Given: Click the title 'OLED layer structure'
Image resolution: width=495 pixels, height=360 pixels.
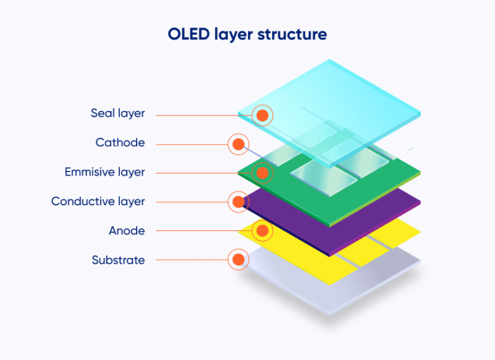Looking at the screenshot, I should pyautogui.click(x=247, y=34).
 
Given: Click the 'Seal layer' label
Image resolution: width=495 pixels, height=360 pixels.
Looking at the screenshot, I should pyautogui.click(x=118, y=114).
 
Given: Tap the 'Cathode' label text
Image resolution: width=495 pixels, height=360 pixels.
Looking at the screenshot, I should pyautogui.click(x=121, y=143).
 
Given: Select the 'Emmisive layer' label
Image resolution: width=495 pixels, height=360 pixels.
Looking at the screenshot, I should pyautogui.click(x=105, y=172).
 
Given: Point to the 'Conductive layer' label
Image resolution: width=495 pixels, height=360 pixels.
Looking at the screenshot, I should pyautogui.click(x=98, y=201).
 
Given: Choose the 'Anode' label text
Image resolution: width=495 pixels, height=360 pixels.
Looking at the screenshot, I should pyautogui.click(x=127, y=230).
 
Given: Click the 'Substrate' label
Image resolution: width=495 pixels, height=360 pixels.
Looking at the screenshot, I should pyautogui.click(x=119, y=260).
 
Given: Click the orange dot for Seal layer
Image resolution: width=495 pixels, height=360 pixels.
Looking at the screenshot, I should pyautogui.click(x=262, y=115).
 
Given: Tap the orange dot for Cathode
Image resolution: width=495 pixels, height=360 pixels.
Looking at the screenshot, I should pyautogui.click(x=238, y=144).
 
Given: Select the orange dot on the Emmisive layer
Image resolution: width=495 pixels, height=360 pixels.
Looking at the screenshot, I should pyautogui.click(x=262, y=173).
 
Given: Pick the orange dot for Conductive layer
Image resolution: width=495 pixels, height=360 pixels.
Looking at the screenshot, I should pyautogui.click(x=238, y=202).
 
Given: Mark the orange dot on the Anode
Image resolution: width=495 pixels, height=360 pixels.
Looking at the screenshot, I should pyautogui.click(x=262, y=230).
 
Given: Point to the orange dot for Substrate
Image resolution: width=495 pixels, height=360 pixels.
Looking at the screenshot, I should pyautogui.click(x=238, y=260).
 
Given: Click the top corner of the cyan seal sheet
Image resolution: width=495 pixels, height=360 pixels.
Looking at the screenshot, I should pyautogui.click(x=330, y=61).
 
